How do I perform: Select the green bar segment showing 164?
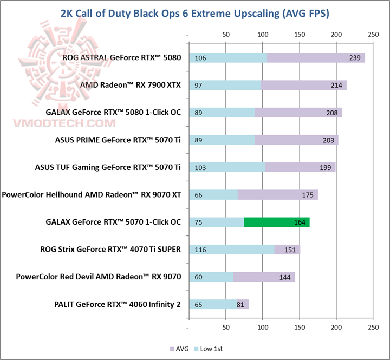pyautogui.click(x=277, y=222)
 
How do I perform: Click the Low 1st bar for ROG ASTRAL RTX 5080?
pyautogui.click(x=228, y=58)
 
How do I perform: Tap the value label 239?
pyautogui.click(x=355, y=58)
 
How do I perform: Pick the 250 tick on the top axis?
pyautogui.click(x=372, y=35)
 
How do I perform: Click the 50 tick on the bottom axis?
pyautogui.click(x=226, y=328)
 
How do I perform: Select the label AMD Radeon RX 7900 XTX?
pyautogui.click(x=131, y=85)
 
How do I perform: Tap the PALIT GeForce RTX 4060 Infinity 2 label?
pyautogui.click(x=118, y=304)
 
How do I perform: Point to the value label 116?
pyautogui.click(x=200, y=249)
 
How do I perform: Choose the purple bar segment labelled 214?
pyautogui.click(x=303, y=85)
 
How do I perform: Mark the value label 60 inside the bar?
pyautogui.click(x=198, y=277)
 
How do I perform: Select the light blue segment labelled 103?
pyautogui.click(x=227, y=167)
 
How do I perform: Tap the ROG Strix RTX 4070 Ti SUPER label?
pyautogui.click(x=110, y=249)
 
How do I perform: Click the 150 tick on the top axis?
pyautogui.click(x=300, y=35)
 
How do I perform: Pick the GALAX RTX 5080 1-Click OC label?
pyautogui.click(x=113, y=113)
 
